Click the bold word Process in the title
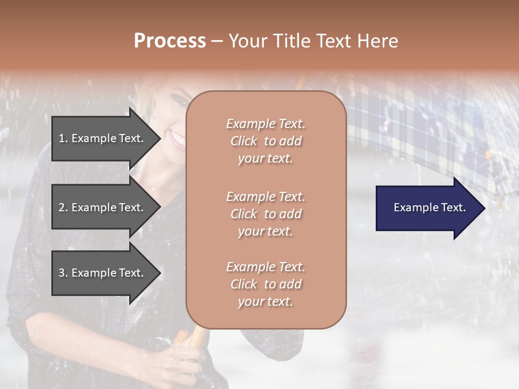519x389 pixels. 170,41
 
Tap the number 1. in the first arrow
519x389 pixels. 63,138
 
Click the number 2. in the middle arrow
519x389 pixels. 63,207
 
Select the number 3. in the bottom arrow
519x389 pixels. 63,273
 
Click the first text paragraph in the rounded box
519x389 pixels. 265,141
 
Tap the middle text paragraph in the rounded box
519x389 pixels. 265,214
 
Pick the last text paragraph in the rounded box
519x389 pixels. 265,284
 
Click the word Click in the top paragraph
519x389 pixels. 244,141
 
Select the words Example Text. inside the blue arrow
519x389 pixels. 430,207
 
